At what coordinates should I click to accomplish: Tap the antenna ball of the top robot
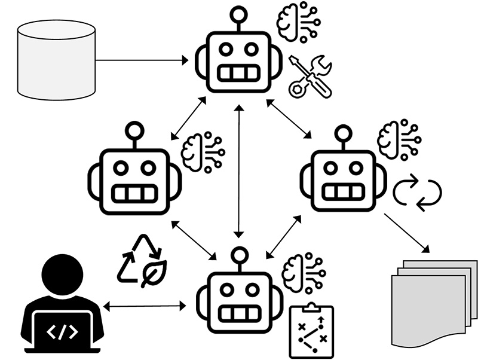click(x=239, y=13)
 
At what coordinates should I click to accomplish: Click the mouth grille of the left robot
click(x=134, y=193)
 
